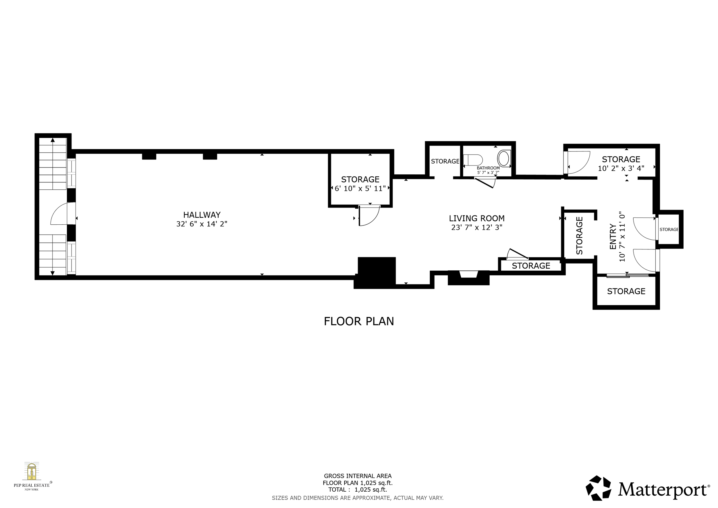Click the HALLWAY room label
click(202, 215)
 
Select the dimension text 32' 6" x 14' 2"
click(202, 224)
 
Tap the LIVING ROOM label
click(476, 218)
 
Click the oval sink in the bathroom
click(503, 158)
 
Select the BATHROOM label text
click(488, 168)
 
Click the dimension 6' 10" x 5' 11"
click(360, 188)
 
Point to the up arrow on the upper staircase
click(53, 140)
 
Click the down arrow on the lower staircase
click(53, 273)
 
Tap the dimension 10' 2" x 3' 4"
click(621, 169)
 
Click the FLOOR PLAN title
click(359, 322)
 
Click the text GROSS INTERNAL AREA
click(358, 476)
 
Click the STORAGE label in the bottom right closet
click(626, 292)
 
